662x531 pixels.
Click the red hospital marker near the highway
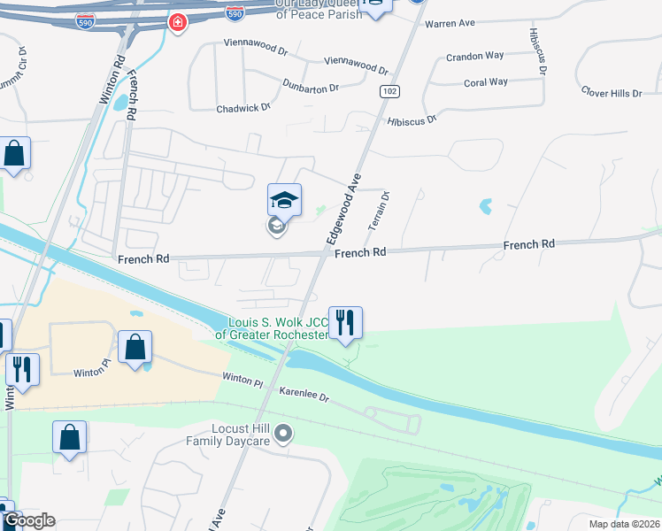point(178,22)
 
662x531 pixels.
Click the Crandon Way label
point(475,56)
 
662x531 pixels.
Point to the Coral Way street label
point(486,82)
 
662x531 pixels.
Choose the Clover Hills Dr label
point(612,93)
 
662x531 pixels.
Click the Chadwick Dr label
point(243,108)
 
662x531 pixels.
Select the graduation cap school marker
point(285,200)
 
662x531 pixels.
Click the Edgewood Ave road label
point(343,208)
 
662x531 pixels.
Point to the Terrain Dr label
point(379,212)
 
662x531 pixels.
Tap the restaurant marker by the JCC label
point(345,322)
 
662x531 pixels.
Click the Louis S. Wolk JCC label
point(278,328)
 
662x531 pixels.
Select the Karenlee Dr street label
point(304,394)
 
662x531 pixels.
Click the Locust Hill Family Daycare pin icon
point(283,433)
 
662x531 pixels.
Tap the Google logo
point(28,520)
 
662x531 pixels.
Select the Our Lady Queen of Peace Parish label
point(319,9)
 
